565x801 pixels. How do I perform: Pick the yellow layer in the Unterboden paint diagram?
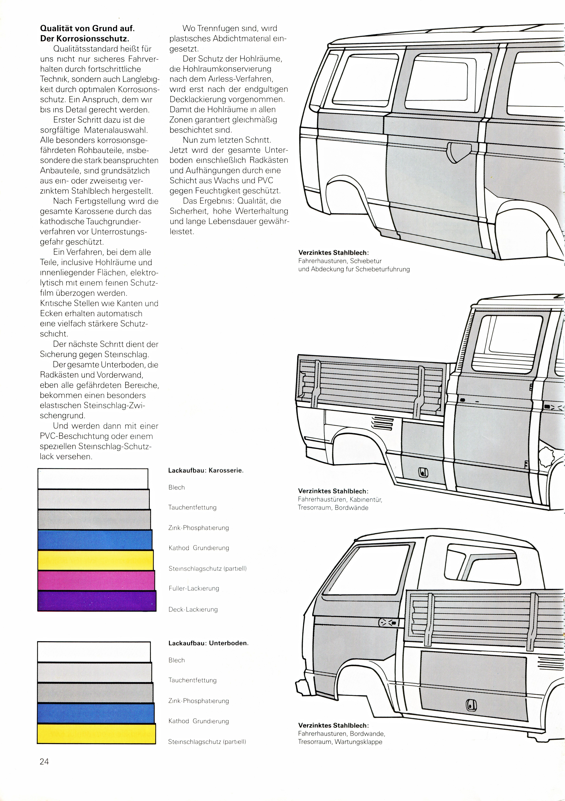click(x=96, y=734)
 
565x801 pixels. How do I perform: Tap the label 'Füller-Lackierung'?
click(x=194, y=589)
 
